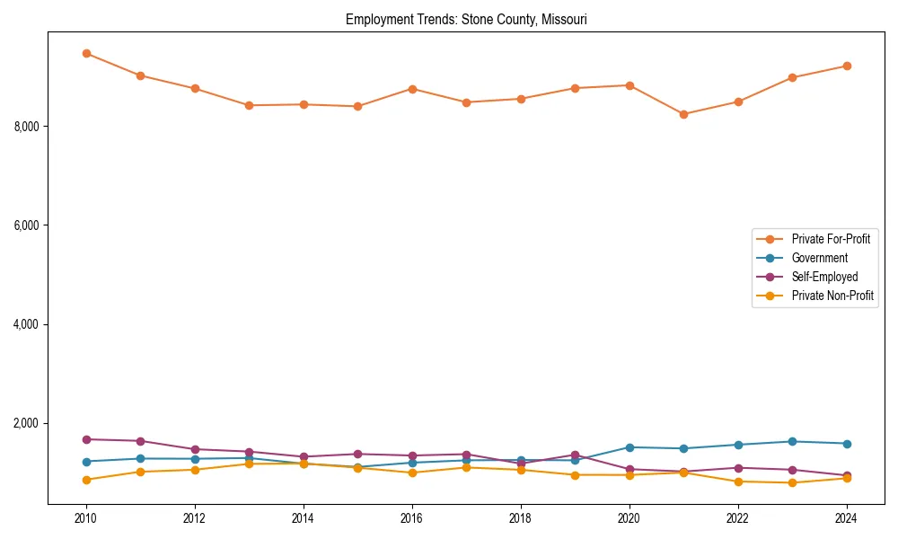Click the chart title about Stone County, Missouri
pos(466,20)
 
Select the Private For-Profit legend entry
pos(825,239)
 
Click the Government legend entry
pos(819,258)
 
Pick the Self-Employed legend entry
pos(824,277)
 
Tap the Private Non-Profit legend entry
pos(832,296)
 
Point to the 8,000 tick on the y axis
pos(27,127)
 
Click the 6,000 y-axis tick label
pos(27,225)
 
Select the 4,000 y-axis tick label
pos(27,324)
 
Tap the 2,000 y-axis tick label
pos(27,423)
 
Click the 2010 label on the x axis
pos(86,518)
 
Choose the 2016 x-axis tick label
pos(411,518)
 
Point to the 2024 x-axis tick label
pos(846,518)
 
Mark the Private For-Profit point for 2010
pos(86,53)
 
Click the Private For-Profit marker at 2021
pos(683,114)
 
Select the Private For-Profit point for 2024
pos(846,66)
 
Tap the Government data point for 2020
pos(629,447)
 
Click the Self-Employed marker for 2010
pos(86,439)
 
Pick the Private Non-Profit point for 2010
pos(86,480)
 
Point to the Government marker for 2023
pos(792,441)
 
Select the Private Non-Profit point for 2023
pos(792,482)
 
